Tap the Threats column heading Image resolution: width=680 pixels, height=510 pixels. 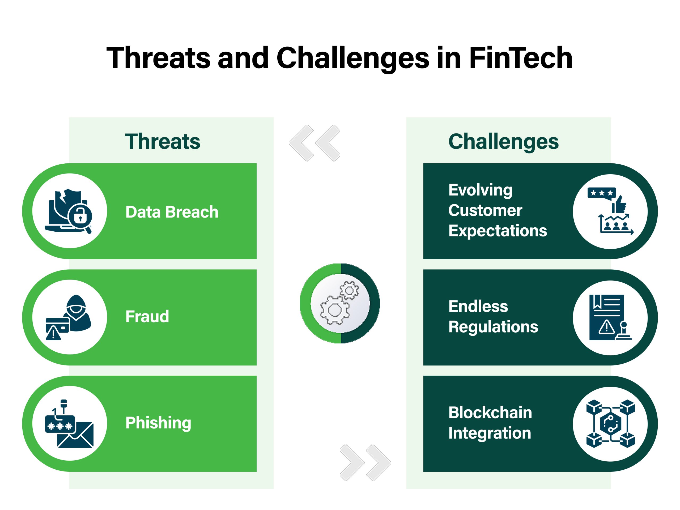coord(162,142)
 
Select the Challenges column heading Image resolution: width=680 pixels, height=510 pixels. coord(503,142)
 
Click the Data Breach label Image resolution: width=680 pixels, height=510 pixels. coord(172,212)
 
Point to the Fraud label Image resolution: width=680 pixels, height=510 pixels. coord(147,317)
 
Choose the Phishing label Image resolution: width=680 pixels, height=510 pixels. coord(158,423)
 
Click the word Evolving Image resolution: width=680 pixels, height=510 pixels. coord(480,190)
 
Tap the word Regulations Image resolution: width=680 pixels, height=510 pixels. coord(493,326)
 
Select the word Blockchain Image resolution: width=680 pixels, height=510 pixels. coord(490,413)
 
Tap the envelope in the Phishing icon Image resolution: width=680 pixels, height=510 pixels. coord(76,436)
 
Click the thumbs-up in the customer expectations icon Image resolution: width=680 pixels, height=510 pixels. coord(619,205)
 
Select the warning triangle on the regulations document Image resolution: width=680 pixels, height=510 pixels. coord(606,327)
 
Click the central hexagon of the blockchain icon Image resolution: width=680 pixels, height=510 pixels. coord(610,424)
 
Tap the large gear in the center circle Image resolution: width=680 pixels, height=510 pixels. coord(334,310)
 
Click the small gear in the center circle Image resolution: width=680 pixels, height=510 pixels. coord(349,291)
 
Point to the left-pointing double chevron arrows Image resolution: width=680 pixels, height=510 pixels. coord(314,143)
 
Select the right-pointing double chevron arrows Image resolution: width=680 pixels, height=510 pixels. coord(365,463)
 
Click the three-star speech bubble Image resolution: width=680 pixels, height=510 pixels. coord(602,193)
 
